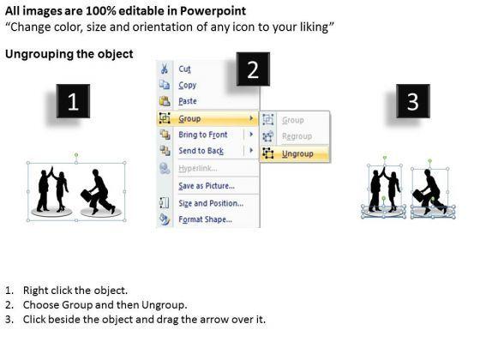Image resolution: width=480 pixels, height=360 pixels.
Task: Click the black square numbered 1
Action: (x=73, y=101)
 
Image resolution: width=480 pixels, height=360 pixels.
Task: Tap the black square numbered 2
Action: (x=253, y=69)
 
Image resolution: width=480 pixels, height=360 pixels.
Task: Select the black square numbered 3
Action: (x=413, y=101)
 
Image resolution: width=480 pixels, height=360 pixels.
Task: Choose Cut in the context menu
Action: (x=184, y=69)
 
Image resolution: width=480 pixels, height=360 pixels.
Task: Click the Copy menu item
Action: (x=188, y=85)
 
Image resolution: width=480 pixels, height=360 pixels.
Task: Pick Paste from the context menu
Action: (x=188, y=101)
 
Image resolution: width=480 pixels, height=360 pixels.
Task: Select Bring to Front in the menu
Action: (x=203, y=135)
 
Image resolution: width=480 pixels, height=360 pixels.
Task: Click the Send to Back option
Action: (x=201, y=151)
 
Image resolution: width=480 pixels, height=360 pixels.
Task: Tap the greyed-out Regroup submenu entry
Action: (x=297, y=136)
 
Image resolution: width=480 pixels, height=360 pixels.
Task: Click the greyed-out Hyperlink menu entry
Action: (x=198, y=168)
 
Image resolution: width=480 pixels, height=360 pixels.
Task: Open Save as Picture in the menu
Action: (x=207, y=186)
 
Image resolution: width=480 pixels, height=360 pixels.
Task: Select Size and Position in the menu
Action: (x=211, y=203)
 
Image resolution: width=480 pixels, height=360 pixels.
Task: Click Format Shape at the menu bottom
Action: (x=205, y=219)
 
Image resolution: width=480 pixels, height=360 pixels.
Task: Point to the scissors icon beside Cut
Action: (x=165, y=69)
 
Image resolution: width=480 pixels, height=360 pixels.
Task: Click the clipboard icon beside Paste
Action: (x=165, y=101)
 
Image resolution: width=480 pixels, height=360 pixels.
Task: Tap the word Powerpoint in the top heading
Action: (x=213, y=11)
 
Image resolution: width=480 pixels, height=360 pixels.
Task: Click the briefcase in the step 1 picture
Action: (x=87, y=195)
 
